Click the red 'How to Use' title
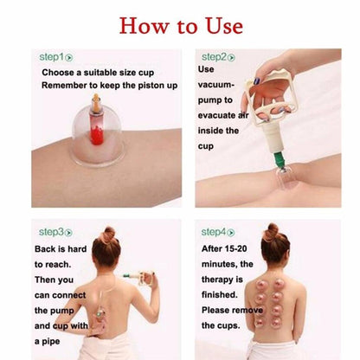point(181,26)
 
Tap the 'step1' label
point(56,57)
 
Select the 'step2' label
point(218,57)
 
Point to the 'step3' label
point(55,232)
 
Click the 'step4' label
point(218,232)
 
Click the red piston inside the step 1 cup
point(96,130)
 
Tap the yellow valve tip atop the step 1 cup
point(96,101)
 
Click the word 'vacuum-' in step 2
point(216,85)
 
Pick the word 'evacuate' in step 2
point(216,115)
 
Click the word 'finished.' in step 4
point(220,294)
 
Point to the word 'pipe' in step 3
point(51,342)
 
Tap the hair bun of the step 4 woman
point(271,231)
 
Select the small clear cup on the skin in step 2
point(283,178)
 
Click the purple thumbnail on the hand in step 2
point(256,80)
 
